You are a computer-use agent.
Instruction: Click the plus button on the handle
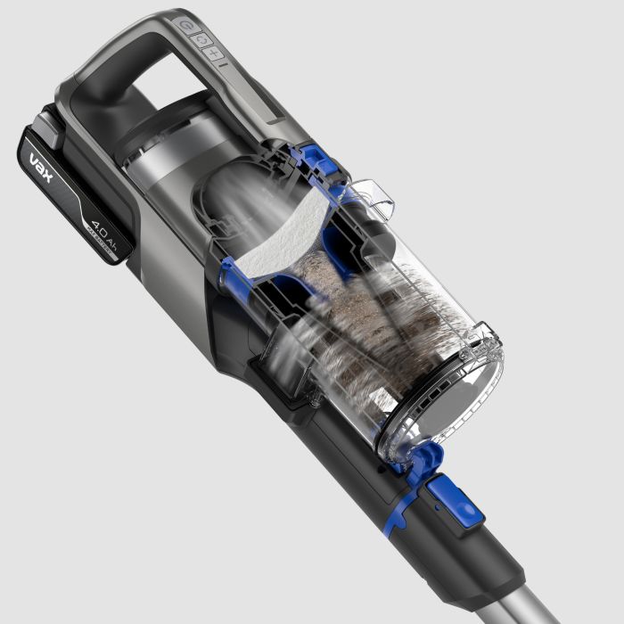[215, 53]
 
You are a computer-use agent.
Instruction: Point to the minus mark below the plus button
[223, 65]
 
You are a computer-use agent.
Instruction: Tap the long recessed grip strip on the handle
[259, 98]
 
